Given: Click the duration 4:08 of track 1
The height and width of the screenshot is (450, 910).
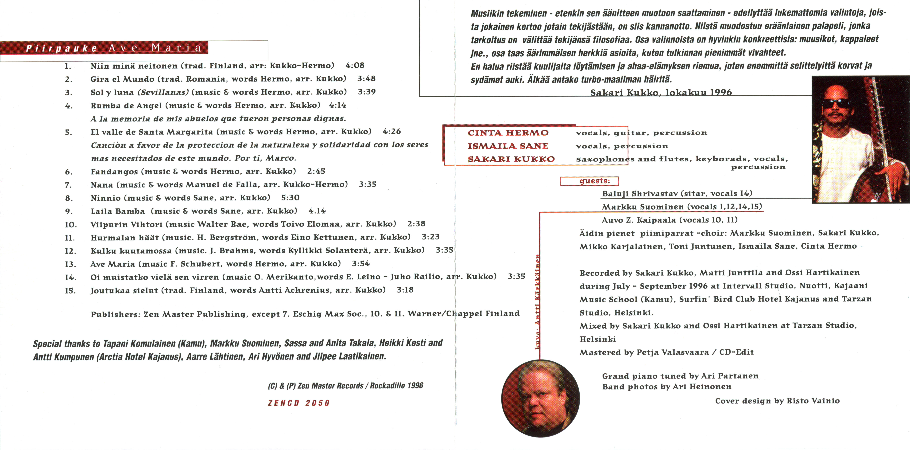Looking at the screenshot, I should (x=355, y=65).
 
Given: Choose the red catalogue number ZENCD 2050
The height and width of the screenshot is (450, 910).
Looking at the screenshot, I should (x=298, y=403).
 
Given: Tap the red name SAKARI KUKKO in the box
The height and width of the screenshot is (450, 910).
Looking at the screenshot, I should (x=511, y=159).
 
